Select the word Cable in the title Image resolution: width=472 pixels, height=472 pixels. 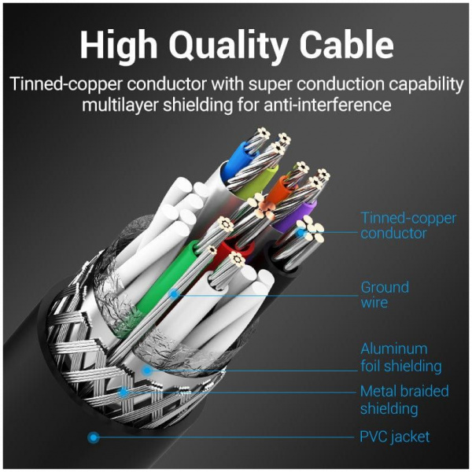click(347, 46)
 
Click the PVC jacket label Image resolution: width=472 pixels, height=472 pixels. click(395, 436)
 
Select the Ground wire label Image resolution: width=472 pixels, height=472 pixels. click(385, 294)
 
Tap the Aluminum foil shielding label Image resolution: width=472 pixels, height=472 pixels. click(400, 357)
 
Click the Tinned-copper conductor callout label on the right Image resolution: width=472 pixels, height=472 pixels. click(407, 226)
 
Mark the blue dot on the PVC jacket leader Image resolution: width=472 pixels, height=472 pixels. click(94, 437)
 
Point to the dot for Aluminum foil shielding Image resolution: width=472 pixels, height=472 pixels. click(146, 368)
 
